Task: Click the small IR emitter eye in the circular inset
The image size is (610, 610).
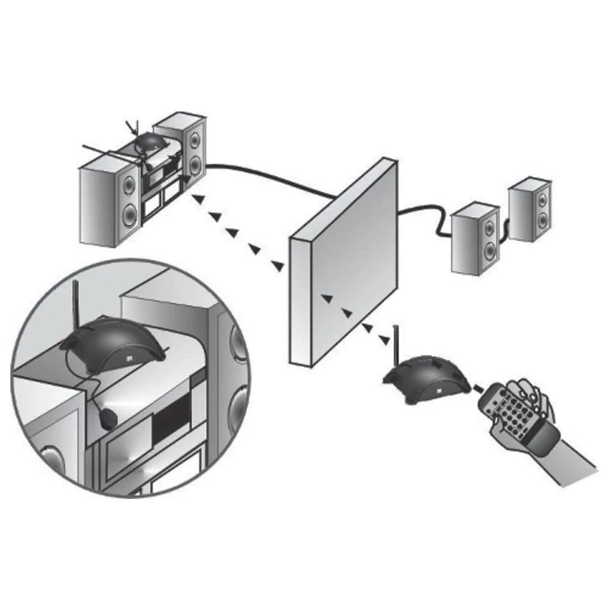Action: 108,418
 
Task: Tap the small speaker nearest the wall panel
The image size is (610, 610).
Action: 475,238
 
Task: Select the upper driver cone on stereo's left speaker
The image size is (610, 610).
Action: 129,185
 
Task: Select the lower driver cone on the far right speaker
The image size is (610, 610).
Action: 542,220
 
